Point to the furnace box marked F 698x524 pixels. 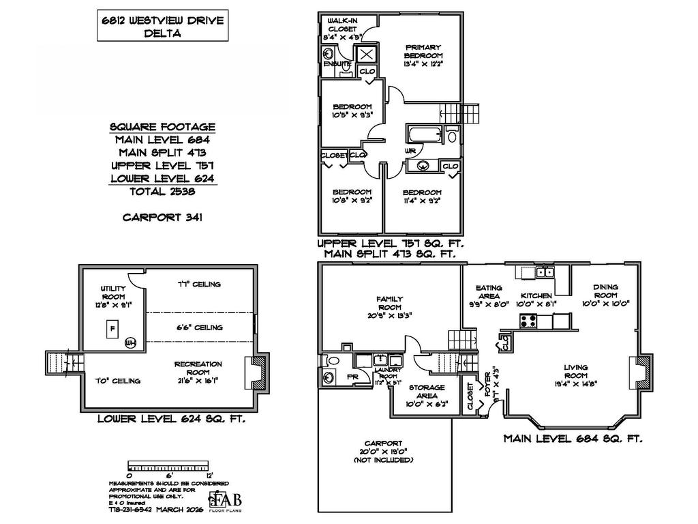(110, 329)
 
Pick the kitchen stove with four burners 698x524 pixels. (529, 319)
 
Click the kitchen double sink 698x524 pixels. (544, 272)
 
